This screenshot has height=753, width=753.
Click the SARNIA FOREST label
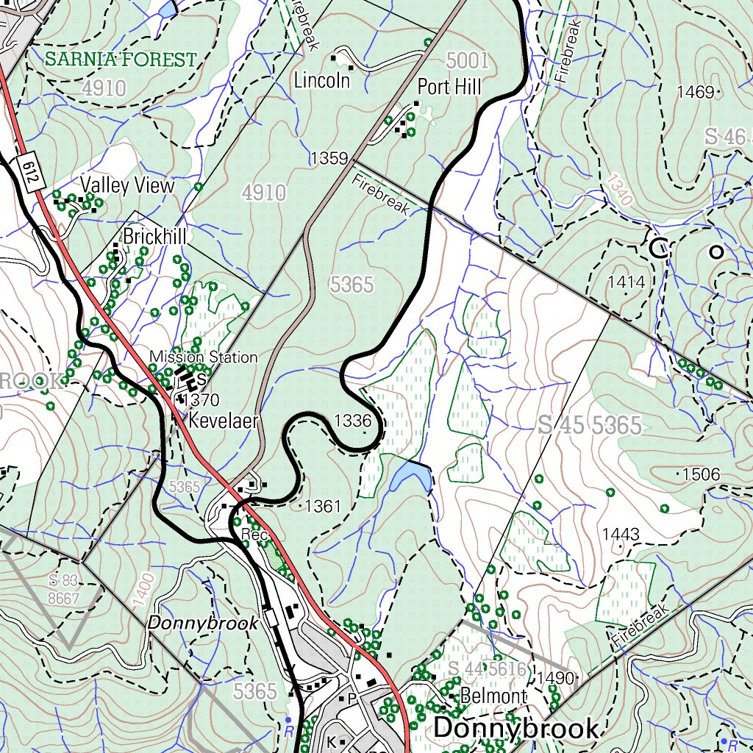click(121, 60)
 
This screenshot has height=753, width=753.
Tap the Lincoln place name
click(321, 80)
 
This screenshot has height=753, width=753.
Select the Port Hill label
click(449, 88)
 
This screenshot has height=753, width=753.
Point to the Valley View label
click(127, 185)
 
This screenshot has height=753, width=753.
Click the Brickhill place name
click(154, 237)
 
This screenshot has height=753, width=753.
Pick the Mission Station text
click(204, 357)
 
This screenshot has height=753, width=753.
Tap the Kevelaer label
click(224, 421)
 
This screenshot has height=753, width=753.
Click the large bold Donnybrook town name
click(516, 728)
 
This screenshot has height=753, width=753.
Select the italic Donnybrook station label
click(203, 623)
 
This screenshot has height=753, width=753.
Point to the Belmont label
click(493, 696)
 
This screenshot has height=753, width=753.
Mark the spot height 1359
click(328, 158)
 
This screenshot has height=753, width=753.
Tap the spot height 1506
click(701, 474)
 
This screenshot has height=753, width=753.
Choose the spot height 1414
click(627, 282)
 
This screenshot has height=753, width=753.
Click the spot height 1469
click(696, 92)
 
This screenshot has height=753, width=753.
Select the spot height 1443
click(621, 534)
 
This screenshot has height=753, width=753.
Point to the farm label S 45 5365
click(590, 425)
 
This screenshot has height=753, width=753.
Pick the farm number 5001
click(467, 60)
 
